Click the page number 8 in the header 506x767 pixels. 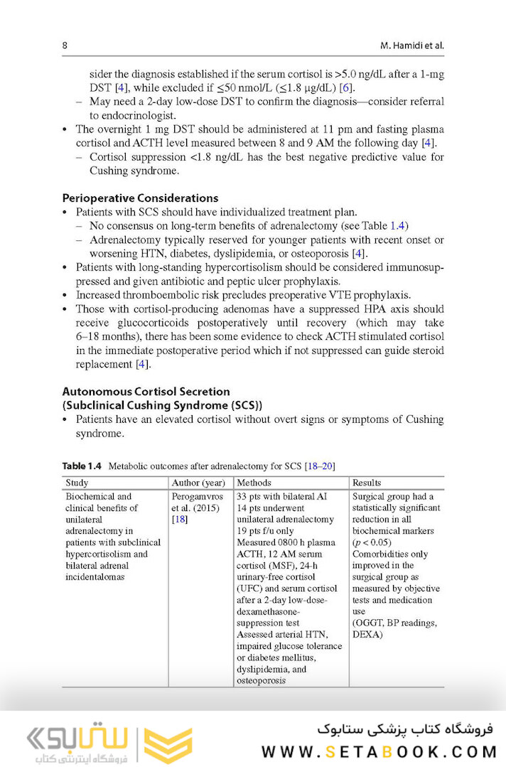65,45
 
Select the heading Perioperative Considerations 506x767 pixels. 140,198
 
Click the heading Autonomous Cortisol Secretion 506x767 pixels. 146,391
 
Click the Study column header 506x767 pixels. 77,483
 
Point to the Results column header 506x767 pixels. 367,483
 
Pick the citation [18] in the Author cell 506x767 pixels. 179,519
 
